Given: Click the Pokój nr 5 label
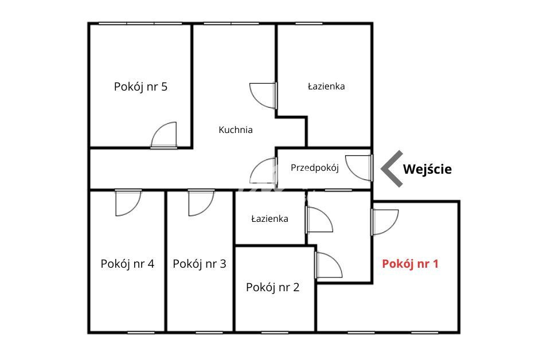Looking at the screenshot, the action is pyautogui.click(x=140, y=87).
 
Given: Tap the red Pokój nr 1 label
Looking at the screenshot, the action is pyautogui.click(x=410, y=264).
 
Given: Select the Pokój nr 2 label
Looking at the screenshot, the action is pyautogui.click(x=272, y=287).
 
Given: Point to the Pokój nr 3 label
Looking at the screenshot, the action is pyautogui.click(x=200, y=264).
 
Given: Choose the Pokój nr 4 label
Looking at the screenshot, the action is pyautogui.click(x=127, y=264).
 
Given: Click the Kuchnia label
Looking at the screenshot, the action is pyautogui.click(x=236, y=130).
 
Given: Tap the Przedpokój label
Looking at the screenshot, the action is pyautogui.click(x=315, y=168).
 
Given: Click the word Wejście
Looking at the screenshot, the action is pyautogui.click(x=427, y=169).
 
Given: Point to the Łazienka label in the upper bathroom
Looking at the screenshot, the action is pyautogui.click(x=326, y=87).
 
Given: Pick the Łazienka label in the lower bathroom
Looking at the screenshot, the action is pyautogui.click(x=269, y=219).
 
